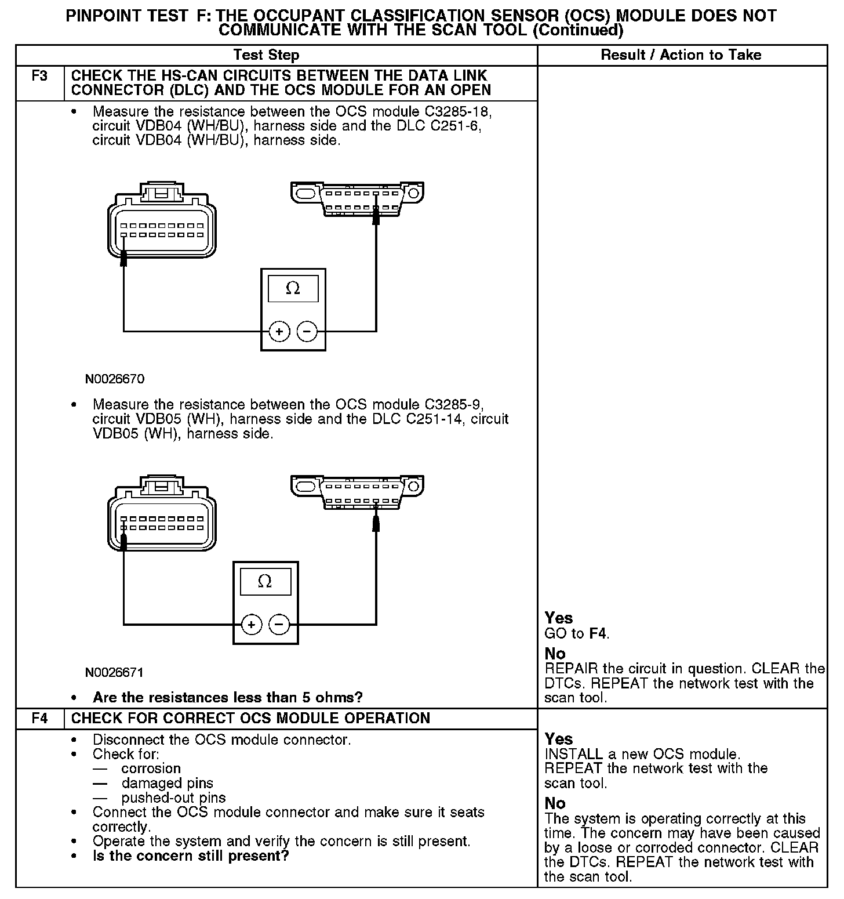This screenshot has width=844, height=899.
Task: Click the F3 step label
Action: [39, 76]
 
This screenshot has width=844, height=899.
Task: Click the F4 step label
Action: [39, 718]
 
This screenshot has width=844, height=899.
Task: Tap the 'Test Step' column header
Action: [266, 55]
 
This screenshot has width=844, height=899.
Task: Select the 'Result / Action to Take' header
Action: [681, 55]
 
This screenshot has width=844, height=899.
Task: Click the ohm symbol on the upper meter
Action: [293, 288]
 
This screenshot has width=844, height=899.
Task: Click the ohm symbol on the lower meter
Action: [265, 581]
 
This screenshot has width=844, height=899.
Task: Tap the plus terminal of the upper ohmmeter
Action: [279, 332]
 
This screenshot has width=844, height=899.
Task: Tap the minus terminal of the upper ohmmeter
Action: [307, 332]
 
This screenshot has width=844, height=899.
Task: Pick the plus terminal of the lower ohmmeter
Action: [252, 625]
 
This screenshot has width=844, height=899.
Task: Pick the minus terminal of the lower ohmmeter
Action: [279, 625]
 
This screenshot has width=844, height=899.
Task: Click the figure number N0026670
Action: [115, 379]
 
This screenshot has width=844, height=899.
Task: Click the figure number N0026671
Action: [115, 672]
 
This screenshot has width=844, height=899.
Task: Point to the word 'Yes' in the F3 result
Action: [558, 618]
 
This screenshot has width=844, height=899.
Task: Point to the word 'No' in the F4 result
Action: [555, 803]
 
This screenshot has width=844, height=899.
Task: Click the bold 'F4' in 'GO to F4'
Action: [598, 633]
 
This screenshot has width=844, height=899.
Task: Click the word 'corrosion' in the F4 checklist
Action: [151, 768]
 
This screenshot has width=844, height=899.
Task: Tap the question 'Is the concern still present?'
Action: [191, 855]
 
